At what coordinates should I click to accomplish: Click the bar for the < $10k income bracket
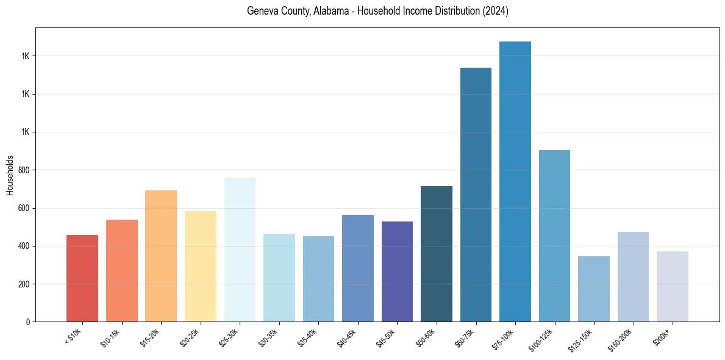click(82, 278)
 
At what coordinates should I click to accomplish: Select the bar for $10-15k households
click(121, 270)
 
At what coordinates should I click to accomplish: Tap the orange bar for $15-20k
click(161, 256)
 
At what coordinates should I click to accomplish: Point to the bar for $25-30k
click(240, 250)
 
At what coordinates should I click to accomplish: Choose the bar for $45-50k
click(397, 272)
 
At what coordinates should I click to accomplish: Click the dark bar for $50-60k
click(437, 254)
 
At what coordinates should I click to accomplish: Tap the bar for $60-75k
click(476, 195)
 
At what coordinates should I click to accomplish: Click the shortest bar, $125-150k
click(594, 289)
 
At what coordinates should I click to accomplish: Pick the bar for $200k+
click(673, 286)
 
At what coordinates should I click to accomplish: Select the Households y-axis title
click(10, 175)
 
